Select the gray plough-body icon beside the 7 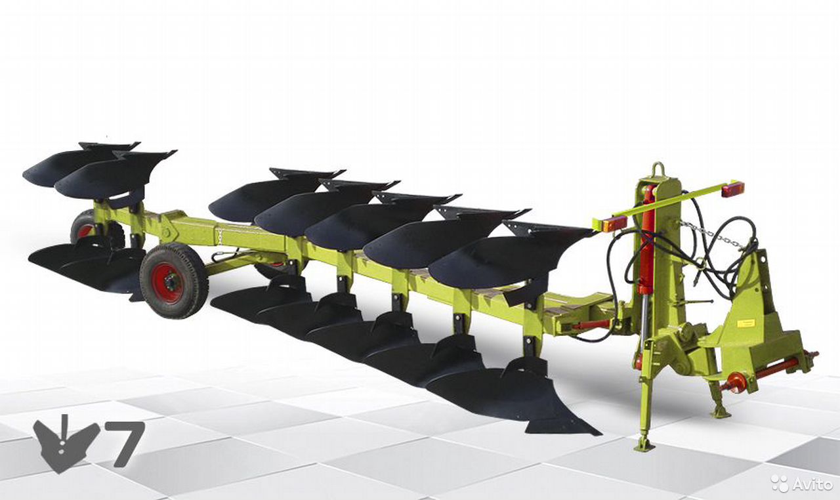pos(66,444)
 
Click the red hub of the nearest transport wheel pos(167,283)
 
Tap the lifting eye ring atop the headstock pos(658,169)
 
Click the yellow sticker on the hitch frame pos(742,323)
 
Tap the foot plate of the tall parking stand pos(644,446)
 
